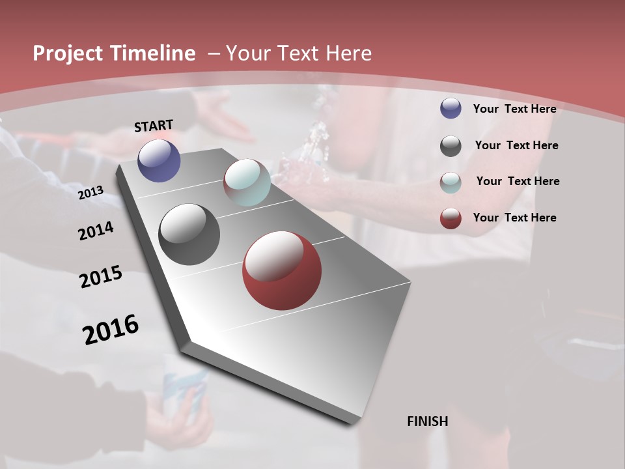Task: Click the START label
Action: pyautogui.click(x=154, y=126)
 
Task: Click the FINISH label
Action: pyautogui.click(x=428, y=421)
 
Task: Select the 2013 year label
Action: pyautogui.click(x=90, y=193)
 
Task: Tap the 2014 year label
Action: pyautogui.click(x=96, y=231)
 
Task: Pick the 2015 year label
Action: pyautogui.click(x=101, y=277)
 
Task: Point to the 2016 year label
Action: pyautogui.click(x=111, y=329)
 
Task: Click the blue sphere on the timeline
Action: pyautogui.click(x=159, y=161)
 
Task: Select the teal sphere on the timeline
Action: pyautogui.click(x=247, y=182)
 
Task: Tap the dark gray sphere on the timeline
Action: pyautogui.click(x=189, y=234)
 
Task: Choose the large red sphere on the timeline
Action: pyautogui.click(x=282, y=271)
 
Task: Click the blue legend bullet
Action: pyautogui.click(x=451, y=109)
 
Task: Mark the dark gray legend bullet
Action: pyautogui.click(x=451, y=146)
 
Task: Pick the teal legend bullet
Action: pyautogui.click(x=451, y=182)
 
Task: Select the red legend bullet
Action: pyautogui.click(x=451, y=218)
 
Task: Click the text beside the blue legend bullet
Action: pyautogui.click(x=514, y=109)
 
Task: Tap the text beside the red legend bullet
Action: pyautogui.click(x=514, y=218)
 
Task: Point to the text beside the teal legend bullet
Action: pyautogui.click(x=518, y=181)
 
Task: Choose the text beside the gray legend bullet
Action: pyautogui.click(x=516, y=145)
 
